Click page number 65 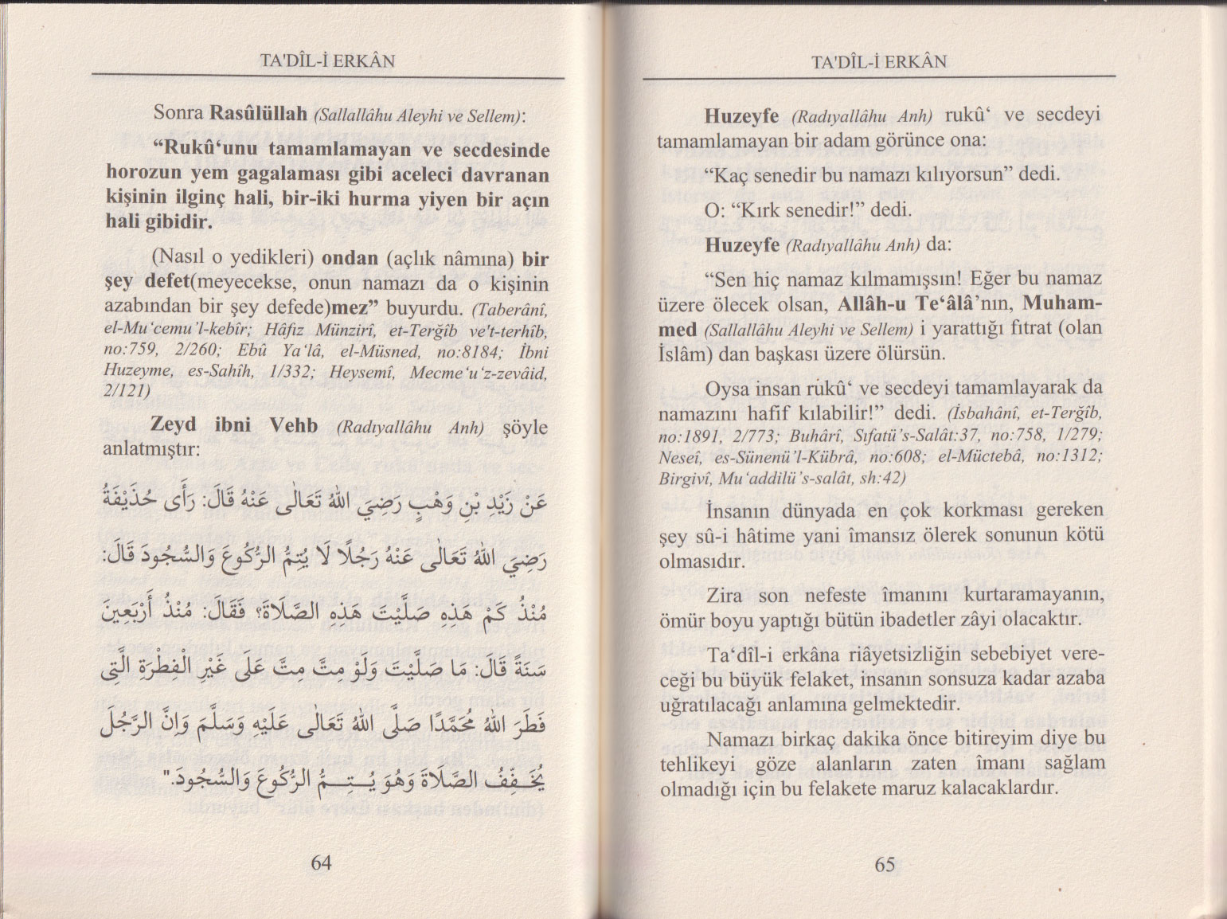pos(885,865)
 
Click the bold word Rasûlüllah pos(259,114)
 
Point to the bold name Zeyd pos(174,425)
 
